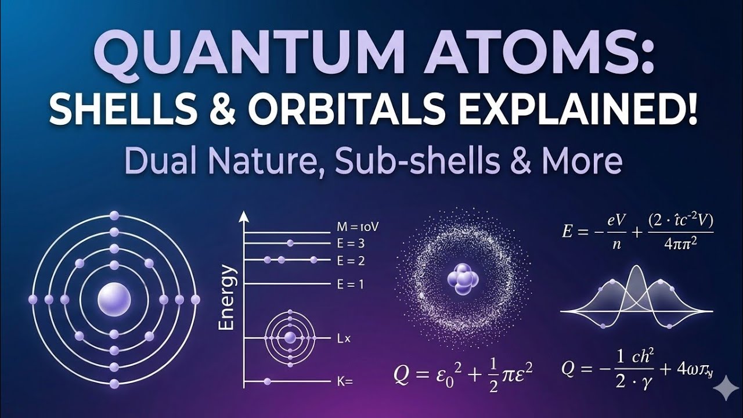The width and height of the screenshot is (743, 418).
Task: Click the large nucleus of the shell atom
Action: point(114,300)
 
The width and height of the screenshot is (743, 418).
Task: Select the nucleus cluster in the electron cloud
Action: point(463,279)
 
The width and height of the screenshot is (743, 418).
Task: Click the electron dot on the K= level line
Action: point(268,381)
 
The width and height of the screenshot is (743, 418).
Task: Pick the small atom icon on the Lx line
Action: point(290,337)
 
